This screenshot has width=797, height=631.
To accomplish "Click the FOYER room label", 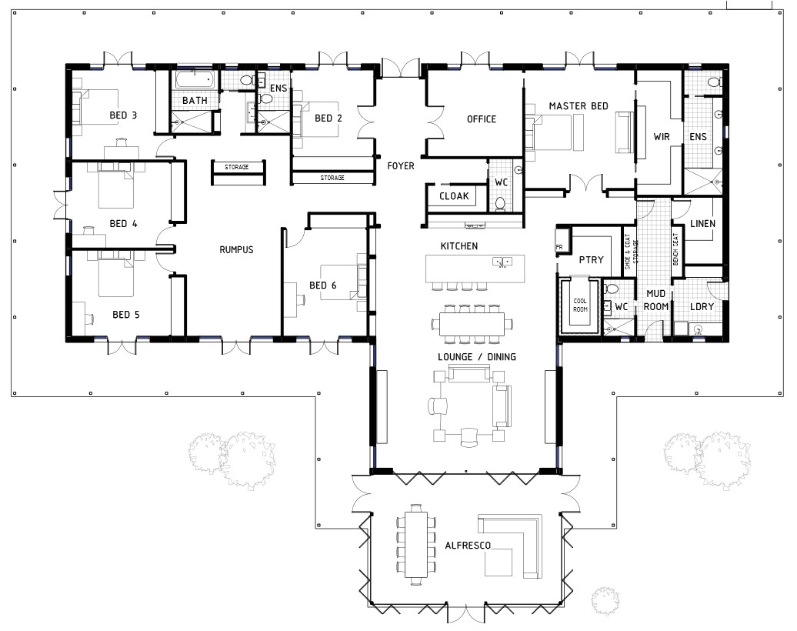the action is [x=401, y=165].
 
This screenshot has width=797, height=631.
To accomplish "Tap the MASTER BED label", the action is [x=579, y=105].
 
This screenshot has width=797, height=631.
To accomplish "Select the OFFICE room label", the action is [x=482, y=119].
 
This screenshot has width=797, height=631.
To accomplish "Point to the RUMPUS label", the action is [x=236, y=249].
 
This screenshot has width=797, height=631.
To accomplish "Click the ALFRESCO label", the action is [x=468, y=546].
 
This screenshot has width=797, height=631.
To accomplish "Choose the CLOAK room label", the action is [x=454, y=195].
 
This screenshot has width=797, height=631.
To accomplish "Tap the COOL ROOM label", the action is [x=580, y=305].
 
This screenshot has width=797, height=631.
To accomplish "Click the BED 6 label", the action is [x=323, y=285].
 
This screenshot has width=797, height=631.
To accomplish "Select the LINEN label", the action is [x=702, y=223].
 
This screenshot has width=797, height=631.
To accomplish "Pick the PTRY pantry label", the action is [x=591, y=259].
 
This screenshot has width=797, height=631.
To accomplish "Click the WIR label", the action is [x=662, y=136].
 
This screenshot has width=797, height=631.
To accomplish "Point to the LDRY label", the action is [x=702, y=306].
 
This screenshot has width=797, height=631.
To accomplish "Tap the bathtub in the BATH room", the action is [x=195, y=79].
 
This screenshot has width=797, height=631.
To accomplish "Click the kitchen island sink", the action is [x=502, y=262].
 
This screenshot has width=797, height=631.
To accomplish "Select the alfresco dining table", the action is [x=415, y=544].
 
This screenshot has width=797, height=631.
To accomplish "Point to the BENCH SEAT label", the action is [x=675, y=249].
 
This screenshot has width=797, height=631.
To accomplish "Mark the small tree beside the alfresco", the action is [x=605, y=601].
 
